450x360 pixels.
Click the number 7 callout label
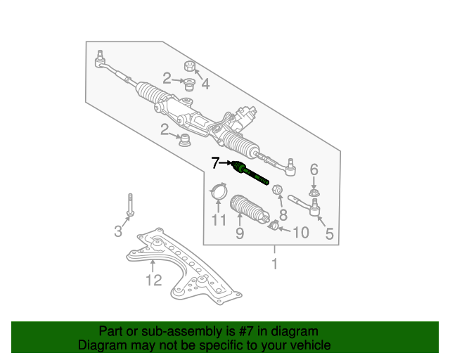click(216, 164)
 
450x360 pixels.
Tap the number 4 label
click(205, 84)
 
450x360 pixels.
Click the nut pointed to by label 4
click(188, 67)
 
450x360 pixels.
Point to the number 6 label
click(314, 169)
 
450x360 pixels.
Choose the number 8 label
click(283, 214)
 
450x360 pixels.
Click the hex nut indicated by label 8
click(277, 190)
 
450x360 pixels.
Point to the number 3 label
click(119, 231)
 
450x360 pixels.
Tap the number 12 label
click(153, 281)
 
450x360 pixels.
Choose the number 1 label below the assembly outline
click(275, 264)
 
